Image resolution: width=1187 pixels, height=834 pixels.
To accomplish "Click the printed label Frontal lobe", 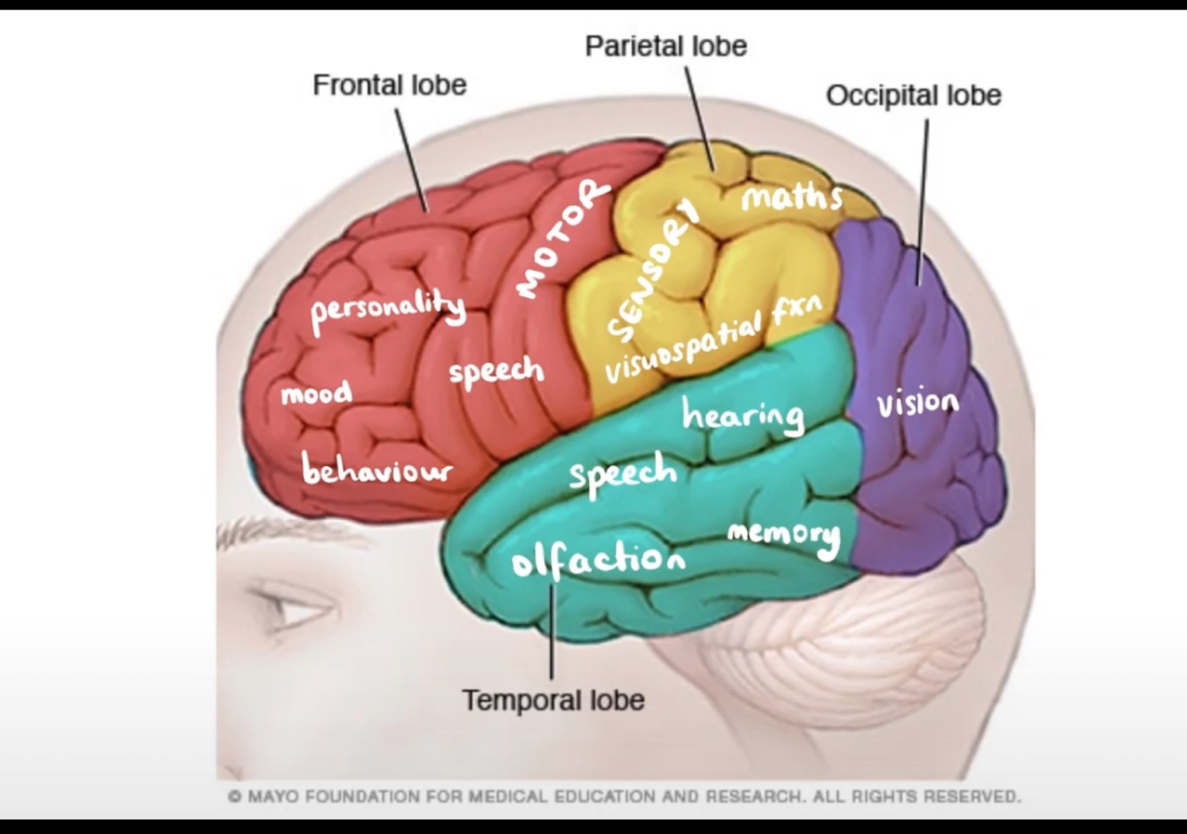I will point(389,85).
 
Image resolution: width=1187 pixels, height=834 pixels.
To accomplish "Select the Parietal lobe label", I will point(666,46).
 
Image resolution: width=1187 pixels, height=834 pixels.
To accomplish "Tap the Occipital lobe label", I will point(913,96).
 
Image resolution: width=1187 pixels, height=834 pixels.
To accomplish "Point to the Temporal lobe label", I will point(553,700).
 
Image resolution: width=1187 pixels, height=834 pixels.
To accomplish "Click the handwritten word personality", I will point(388,309).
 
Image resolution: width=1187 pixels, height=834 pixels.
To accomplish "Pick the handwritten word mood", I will point(316,393).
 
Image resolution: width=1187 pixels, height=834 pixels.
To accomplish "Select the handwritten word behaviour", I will point(376,468).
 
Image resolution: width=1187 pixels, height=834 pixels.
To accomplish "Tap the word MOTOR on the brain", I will point(561,238).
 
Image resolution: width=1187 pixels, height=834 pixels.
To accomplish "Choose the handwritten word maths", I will point(791,196).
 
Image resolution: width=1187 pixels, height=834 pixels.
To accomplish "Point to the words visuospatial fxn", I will point(713,337).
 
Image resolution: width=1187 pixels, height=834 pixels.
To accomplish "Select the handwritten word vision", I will point(917,403).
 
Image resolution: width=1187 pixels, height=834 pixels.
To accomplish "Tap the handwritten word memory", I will point(783,535).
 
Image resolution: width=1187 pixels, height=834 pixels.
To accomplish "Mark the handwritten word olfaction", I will point(598,558).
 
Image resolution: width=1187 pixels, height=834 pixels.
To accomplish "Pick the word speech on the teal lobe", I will point(623,472).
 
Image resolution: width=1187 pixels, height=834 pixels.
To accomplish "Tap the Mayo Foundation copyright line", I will point(624,796).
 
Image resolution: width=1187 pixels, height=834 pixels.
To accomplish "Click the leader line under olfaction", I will point(552,632).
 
